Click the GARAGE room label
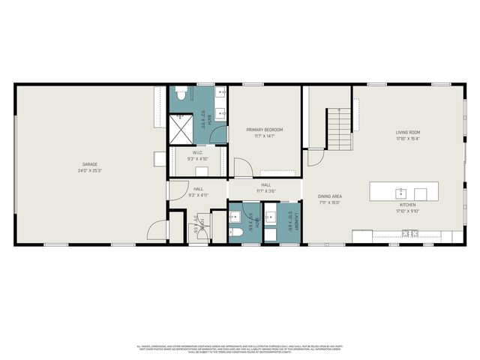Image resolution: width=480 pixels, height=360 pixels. (x=90, y=164)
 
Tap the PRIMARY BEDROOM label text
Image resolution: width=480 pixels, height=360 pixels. (x=265, y=130)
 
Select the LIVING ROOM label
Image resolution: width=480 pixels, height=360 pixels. (x=408, y=132)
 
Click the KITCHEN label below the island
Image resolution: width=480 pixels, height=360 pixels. (x=407, y=204)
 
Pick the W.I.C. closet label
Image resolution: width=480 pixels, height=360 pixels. (x=197, y=153)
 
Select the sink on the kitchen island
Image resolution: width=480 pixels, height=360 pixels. (x=401, y=191)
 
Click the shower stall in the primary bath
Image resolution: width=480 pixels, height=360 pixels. (x=181, y=128)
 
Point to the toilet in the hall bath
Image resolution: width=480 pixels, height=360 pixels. (x=234, y=233)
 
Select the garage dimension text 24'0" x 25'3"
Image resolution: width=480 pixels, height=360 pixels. (x=90, y=170)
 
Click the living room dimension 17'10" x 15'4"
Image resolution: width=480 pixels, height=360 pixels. (x=408, y=138)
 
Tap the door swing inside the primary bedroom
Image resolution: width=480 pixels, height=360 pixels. (x=242, y=168)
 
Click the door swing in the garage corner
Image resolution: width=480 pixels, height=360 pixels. (x=153, y=233)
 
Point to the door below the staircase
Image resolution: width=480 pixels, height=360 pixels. (x=314, y=157)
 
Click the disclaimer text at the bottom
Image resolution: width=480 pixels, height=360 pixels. (x=240, y=348)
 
